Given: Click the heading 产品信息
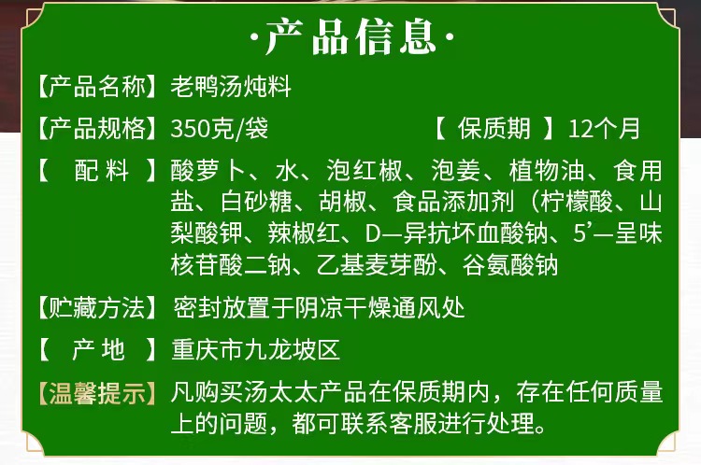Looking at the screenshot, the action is (350, 36).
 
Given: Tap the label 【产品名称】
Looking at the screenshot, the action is (97, 86).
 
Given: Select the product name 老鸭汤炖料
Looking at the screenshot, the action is (231, 86).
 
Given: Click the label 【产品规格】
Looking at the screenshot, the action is (97, 128).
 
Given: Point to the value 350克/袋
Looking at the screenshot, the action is (219, 129).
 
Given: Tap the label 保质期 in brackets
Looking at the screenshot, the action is (494, 129).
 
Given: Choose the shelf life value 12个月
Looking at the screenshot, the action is (604, 129).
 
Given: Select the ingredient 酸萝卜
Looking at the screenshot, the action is (207, 171).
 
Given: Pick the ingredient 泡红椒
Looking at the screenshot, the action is (364, 171).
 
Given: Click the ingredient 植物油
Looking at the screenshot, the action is (547, 171).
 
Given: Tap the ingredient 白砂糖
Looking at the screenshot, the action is (257, 202).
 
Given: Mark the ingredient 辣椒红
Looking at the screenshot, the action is (304, 233).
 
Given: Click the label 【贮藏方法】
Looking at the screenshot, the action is (97, 308).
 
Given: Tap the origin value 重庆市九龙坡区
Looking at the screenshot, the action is (256, 350).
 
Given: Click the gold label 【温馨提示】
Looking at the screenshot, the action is (97, 393).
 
